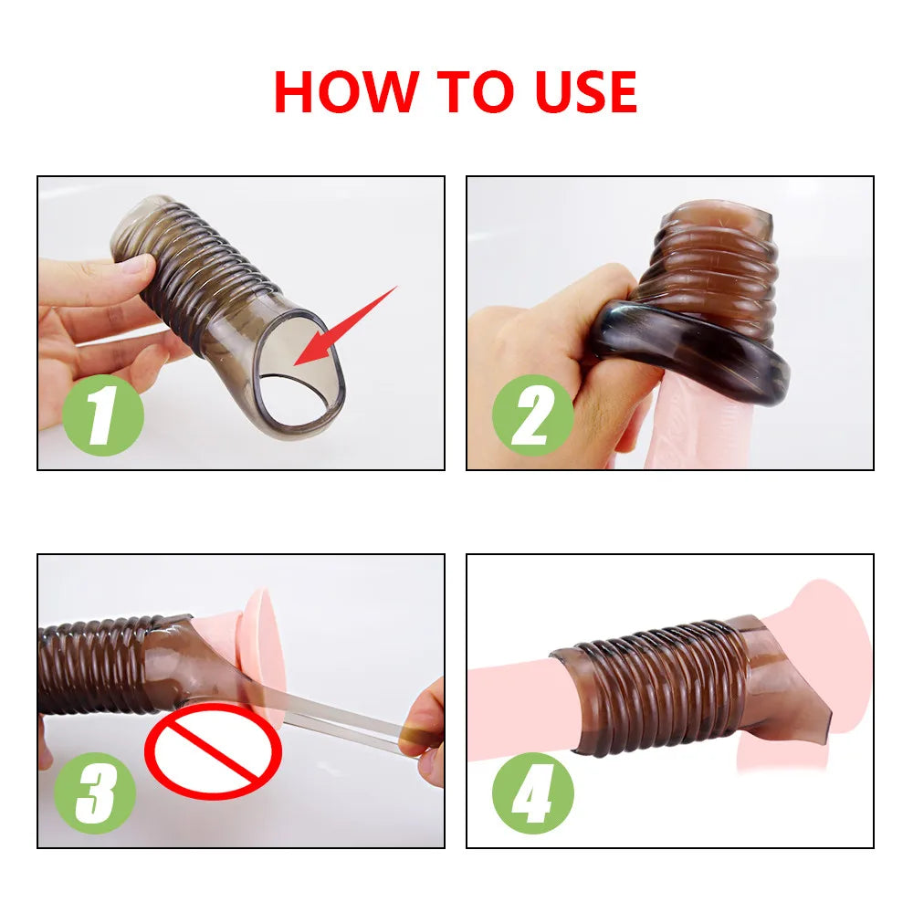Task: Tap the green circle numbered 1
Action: [x=104, y=415]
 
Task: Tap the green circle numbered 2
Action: [x=532, y=415]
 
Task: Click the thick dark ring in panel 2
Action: [x=694, y=347]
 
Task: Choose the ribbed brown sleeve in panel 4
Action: [x=657, y=685]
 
